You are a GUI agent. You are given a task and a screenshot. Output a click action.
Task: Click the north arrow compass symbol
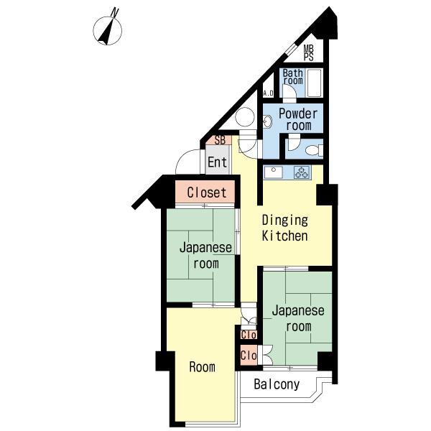(x=109, y=29)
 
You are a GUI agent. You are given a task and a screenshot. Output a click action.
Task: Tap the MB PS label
(x=308, y=52)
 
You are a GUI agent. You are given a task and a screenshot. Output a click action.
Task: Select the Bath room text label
(x=292, y=77)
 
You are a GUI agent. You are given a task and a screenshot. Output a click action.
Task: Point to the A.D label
(x=269, y=93)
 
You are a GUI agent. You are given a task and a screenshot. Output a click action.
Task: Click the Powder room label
(x=297, y=119)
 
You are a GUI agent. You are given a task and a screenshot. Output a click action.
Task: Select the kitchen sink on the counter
(x=274, y=172)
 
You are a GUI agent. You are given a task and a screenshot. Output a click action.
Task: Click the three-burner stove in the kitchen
(x=302, y=172)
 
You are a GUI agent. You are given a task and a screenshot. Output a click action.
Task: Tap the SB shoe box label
(x=219, y=140)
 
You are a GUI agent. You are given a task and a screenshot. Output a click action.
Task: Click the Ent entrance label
(x=217, y=162)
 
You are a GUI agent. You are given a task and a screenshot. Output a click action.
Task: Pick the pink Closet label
(x=207, y=193)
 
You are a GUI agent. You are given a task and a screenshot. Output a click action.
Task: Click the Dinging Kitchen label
(x=284, y=228)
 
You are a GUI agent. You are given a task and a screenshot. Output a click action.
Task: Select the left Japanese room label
(x=205, y=255)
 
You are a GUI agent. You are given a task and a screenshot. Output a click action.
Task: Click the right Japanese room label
(x=297, y=318)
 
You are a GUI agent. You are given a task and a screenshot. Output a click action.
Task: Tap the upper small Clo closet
(x=249, y=335)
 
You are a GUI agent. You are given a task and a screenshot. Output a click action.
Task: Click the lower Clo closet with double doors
(x=249, y=355)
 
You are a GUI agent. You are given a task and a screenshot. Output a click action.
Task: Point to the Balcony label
(x=277, y=384)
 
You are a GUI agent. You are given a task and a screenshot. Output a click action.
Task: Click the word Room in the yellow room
(x=202, y=367)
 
